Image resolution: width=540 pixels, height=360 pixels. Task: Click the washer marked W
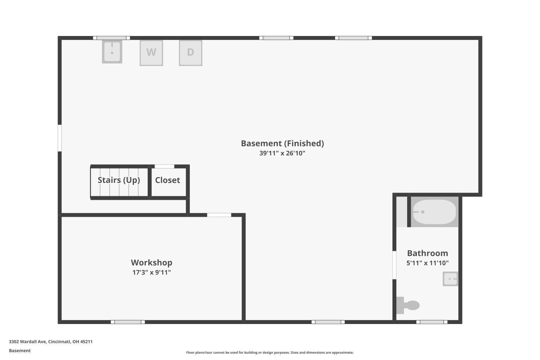tap(152, 53)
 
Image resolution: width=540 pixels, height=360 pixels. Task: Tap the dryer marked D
tap(191, 53)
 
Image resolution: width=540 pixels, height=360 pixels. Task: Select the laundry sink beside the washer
tap(112, 51)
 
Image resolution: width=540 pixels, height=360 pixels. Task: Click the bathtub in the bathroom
tap(435, 212)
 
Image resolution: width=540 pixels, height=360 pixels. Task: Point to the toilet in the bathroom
tap(408, 305)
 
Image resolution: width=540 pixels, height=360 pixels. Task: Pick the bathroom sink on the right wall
tap(450, 279)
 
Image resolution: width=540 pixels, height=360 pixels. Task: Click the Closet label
tap(167, 180)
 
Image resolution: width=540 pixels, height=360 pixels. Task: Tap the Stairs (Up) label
tap(119, 180)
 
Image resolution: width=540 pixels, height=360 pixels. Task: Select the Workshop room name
tap(152, 262)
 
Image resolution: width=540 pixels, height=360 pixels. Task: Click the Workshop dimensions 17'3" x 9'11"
tap(152, 273)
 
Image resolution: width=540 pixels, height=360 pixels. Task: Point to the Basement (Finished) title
tap(282, 144)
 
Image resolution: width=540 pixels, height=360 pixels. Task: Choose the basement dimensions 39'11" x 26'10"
tap(282, 153)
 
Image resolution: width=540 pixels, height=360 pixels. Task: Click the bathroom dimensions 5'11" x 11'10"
tap(427, 263)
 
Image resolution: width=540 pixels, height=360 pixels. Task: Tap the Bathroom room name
tap(427, 253)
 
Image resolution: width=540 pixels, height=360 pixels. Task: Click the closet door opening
tap(165, 166)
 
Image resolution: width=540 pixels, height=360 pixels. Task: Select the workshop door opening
tap(219, 215)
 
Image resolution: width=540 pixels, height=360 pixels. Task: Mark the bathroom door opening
tap(395, 265)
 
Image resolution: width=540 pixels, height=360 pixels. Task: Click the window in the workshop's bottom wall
tap(128, 322)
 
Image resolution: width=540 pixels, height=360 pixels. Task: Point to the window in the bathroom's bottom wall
tap(432, 322)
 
